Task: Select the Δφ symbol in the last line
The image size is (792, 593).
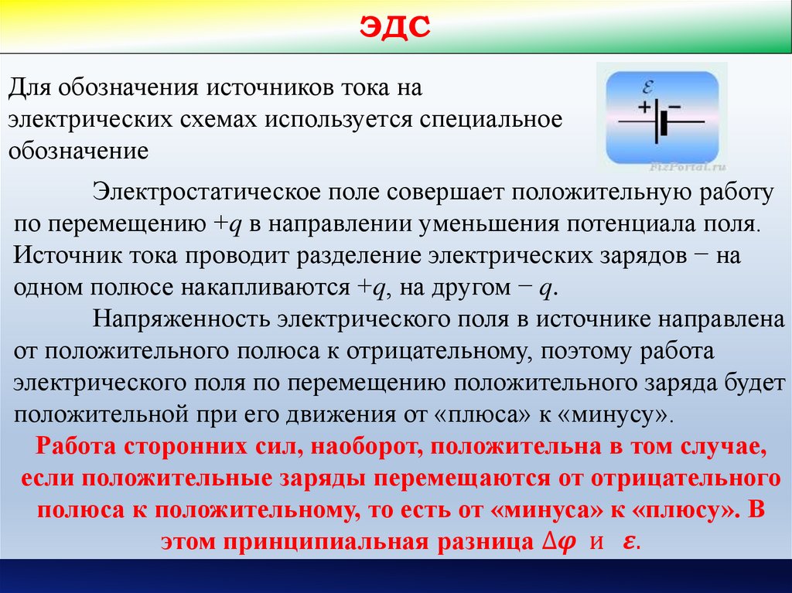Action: coord(552,542)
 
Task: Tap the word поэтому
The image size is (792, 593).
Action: coord(583,350)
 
